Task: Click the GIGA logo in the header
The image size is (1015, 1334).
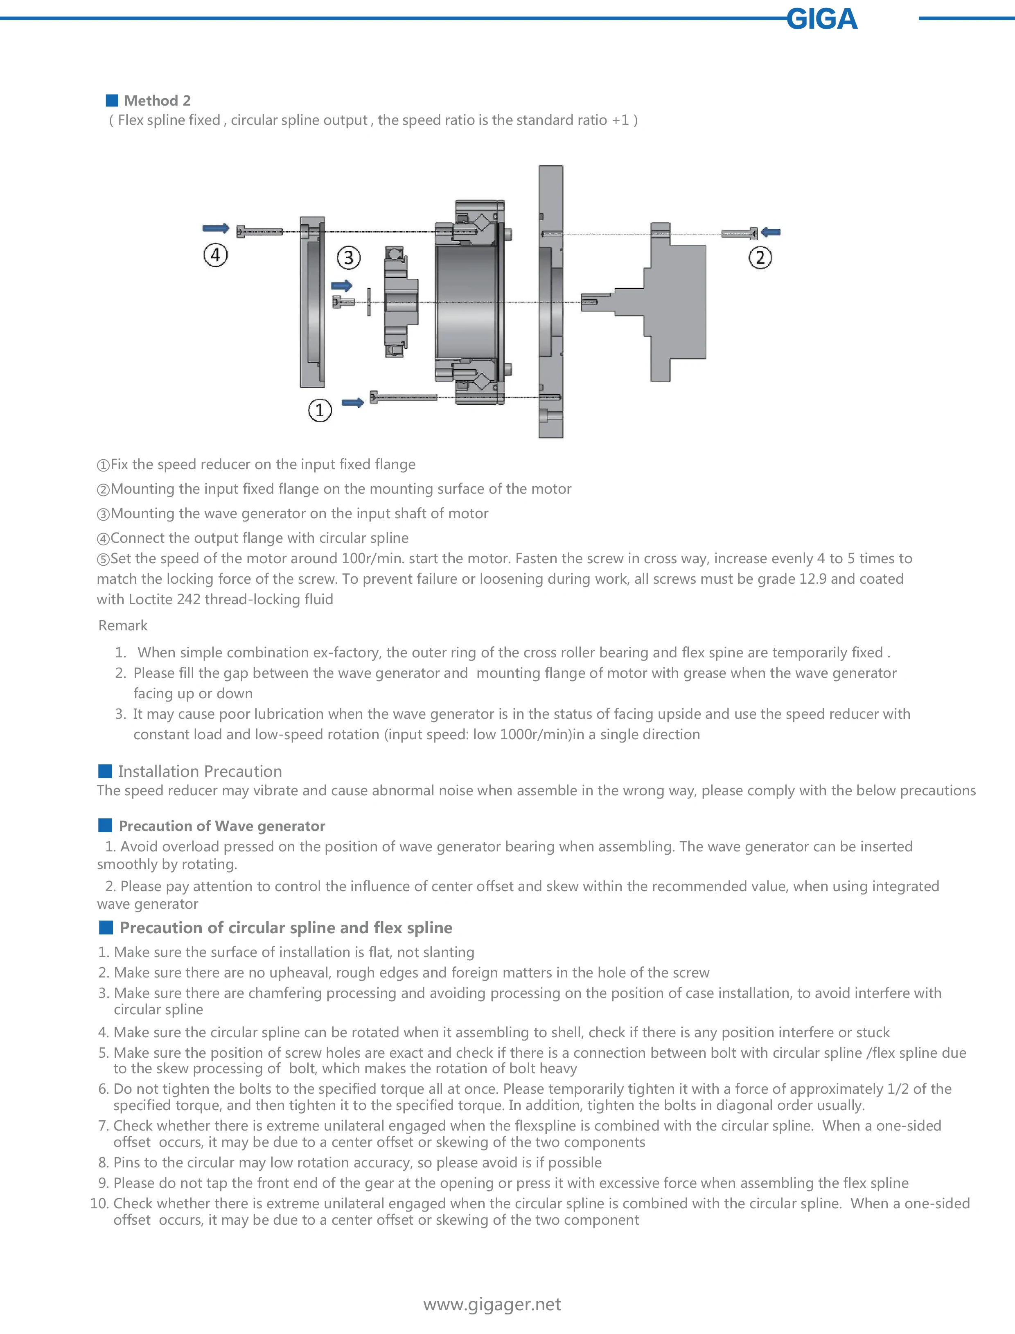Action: tap(822, 19)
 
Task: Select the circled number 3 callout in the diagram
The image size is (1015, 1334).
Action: tap(349, 258)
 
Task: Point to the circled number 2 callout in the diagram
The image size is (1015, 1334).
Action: tap(760, 258)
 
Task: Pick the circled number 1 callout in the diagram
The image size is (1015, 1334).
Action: tap(320, 410)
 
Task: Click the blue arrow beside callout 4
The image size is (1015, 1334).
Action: tap(216, 228)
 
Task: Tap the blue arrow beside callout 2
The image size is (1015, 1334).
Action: tap(771, 232)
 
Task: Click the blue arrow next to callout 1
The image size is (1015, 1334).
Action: tap(352, 402)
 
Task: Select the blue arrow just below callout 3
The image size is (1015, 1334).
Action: tap(341, 285)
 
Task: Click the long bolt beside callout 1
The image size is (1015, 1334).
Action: tap(403, 397)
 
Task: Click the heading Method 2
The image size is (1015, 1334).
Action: tap(157, 100)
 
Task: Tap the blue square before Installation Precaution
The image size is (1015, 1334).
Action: tap(105, 771)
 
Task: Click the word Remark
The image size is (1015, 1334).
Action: tap(123, 625)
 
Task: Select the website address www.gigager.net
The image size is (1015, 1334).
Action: tap(492, 1304)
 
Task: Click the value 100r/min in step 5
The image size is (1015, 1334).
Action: tap(372, 558)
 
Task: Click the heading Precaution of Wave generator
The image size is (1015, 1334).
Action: tap(222, 826)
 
